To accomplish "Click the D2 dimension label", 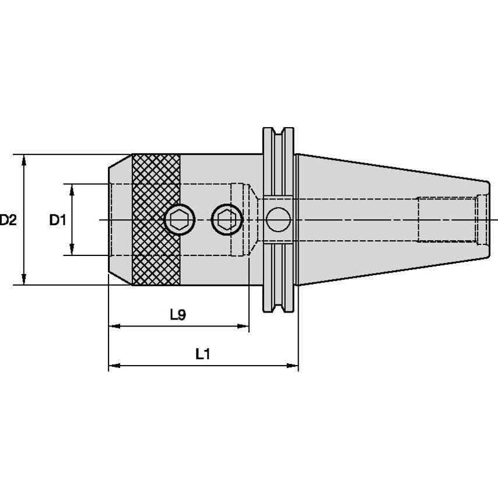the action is click(x=8, y=220).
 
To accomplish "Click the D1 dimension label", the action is click(x=58, y=220).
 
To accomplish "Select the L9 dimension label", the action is click(x=178, y=315).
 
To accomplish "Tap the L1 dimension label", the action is click(x=202, y=354).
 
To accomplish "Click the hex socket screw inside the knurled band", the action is click(x=180, y=219).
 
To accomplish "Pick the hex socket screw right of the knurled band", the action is click(x=227, y=219).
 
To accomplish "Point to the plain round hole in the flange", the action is click(x=278, y=219).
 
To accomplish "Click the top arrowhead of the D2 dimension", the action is click(x=23, y=160).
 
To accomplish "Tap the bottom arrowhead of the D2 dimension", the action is click(x=23, y=279).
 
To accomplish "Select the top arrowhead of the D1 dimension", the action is click(x=72, y=190).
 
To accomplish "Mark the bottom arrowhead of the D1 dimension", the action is click(x=72, y=250).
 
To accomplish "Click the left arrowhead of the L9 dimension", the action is click(x=114, y=326).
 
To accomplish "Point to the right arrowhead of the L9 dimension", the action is click(x=243, y=326).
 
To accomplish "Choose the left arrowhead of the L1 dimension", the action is click(x=114, y=366).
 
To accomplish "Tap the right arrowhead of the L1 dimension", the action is click(x=293, y=366).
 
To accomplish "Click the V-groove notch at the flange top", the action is click(x=278, y=132).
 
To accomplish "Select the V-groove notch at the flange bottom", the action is click(x=278, y=308).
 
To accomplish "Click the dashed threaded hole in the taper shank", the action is click(x=447, y=219).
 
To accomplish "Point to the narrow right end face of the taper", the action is click(x=489, y=219).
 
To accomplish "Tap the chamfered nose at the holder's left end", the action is click(x=120, y=219).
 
